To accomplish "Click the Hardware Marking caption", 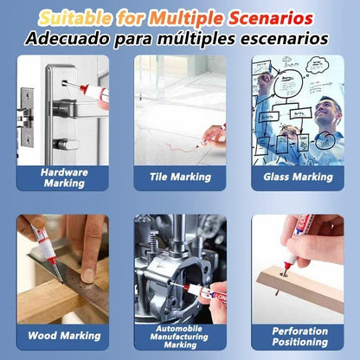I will (x=64, y=177).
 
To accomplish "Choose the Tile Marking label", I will (x=180, y=177).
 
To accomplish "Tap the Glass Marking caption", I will (x=297, y=177).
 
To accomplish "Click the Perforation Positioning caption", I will (x=297, y=337).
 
